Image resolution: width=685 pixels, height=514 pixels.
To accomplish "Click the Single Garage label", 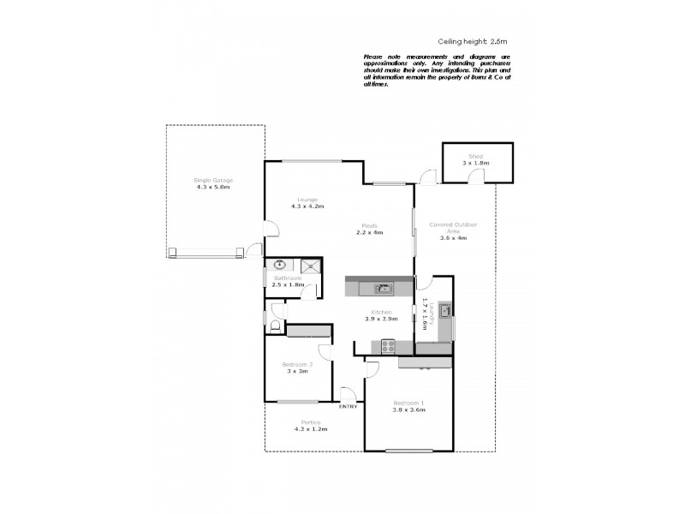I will pyautogui.click(x=213, y=180).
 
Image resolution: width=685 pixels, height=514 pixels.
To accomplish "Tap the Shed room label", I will pyautogui.click(x=476, y=157).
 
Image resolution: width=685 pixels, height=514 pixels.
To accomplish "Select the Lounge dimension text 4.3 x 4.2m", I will pyautogui.click(x=307, y=206).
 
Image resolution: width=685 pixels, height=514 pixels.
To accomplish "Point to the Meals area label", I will pyautogui.click(x=369, y=226).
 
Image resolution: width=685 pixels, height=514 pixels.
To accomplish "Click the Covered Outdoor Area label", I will pyautogui.click(x=452, y=230).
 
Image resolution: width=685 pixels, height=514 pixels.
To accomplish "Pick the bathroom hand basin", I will pyautogui.click(x=278, y=266).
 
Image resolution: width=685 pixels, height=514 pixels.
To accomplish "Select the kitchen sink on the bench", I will pyautogui.click(x=383, y=288).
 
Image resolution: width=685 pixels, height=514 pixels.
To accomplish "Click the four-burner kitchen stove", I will pyautogui.click(x=387, y=346).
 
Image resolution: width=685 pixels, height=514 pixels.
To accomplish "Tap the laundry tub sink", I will pyautogui.click(x=445, y=310).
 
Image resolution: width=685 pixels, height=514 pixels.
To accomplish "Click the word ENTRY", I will pyautogui.click(x=348, y=406).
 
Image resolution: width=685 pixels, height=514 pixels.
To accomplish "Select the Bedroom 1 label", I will pyautogui.click(x=408, y=403).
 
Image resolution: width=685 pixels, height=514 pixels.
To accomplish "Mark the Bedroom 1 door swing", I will pyautogui.click(x=372, y=369).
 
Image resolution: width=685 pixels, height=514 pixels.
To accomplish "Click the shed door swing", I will pyautogui.click(x=477, y=176).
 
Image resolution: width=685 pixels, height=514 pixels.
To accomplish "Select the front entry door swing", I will pyautogui.click(x=348, y=395).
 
